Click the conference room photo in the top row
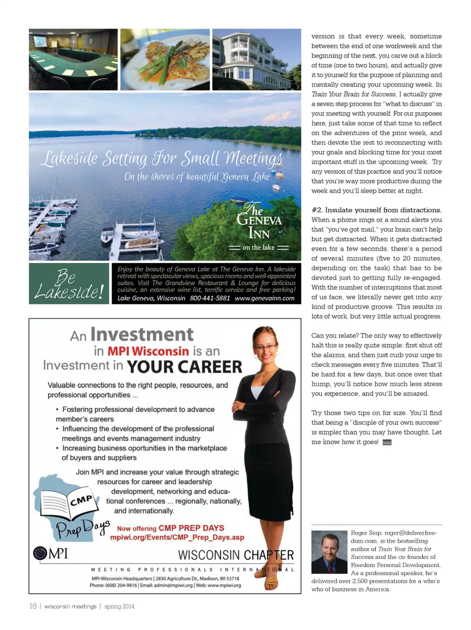pos(73,59)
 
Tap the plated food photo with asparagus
pos(165,59)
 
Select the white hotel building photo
pos(256,59)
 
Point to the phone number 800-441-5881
pos(210,298)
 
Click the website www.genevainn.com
pos(265,298)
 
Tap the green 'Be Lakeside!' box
pos(69,284)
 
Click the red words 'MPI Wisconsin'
pos(148,351)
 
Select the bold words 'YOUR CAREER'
pos(184,367)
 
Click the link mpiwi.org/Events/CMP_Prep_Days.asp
pos(177,537)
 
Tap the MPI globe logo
pos(40,553)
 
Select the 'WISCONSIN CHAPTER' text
pos(235,555)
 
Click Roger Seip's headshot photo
pos(329,551)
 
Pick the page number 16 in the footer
pos(33,606)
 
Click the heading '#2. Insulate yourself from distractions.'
pos(376,210)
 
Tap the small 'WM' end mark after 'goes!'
pos(387,443)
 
